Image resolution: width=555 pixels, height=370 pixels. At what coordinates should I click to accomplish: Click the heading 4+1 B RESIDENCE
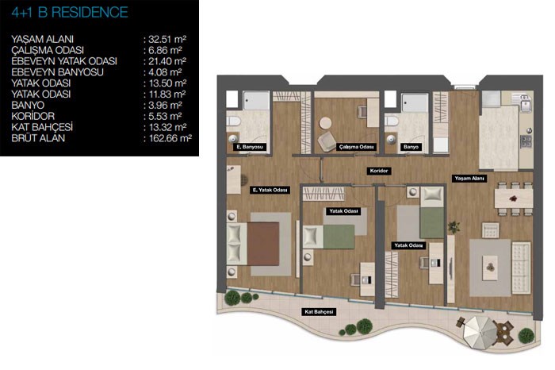coord(70,13)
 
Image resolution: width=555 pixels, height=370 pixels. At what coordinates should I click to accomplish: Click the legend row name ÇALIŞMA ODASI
coord(48,50)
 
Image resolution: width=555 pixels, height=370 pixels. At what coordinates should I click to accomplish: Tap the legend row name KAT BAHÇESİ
coord(42,127)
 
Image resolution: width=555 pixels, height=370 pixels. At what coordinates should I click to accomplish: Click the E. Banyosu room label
coord(250,147)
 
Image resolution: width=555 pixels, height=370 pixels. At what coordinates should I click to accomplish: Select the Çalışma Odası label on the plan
coord(356,147)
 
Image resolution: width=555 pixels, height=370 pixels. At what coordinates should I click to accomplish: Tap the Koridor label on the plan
coord(379,171)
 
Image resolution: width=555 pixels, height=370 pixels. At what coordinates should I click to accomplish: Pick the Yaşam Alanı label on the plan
coord(469,179)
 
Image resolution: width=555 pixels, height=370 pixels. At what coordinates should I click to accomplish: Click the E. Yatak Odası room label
coord(270,191)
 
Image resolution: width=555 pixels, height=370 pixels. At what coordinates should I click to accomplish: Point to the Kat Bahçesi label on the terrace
coord(319,312)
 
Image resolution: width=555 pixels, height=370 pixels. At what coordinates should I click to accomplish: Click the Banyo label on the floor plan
coord(411,147)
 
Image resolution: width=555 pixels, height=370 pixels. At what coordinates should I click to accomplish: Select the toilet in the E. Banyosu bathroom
coord(234,121)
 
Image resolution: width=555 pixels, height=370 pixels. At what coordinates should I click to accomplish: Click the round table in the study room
coord(325,123)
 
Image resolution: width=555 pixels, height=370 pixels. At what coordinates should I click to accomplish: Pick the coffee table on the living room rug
coord(490,268)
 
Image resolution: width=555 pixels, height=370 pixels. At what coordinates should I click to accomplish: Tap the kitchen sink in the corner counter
coord(525,104)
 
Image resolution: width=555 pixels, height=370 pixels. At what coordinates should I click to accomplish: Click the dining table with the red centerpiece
coord(514,198)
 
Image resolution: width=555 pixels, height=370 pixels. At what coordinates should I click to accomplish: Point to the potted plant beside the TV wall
coord(454,226)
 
